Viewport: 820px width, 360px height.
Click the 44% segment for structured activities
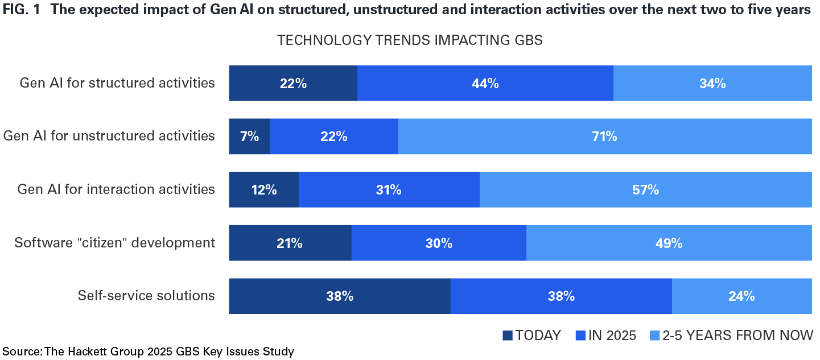coord(485,83)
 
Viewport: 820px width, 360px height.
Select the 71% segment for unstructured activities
coord(604,136)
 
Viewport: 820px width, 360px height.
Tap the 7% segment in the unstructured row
coord(249,136)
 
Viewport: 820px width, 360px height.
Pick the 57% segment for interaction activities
coord(645,189)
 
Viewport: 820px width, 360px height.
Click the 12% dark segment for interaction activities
coord(263,189)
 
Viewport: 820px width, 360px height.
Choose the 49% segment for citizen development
coord(669,243)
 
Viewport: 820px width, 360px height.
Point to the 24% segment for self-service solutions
coord(741,296)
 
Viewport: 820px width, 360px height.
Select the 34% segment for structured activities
coord(712,83)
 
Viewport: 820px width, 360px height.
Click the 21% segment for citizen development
coord(290,243)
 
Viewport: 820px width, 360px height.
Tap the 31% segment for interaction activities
coord(389,189)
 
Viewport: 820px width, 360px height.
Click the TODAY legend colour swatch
coord(508,336)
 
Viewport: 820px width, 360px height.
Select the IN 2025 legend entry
coord(606,336)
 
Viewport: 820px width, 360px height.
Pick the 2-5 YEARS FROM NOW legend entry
coord(731,336)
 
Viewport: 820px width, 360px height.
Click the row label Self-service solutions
coord(146,296)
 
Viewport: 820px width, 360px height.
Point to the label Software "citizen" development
coord(115,243)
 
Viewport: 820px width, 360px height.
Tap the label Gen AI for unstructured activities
coord(109,136)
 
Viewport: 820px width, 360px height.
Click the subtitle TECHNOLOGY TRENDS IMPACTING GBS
coord(410,40)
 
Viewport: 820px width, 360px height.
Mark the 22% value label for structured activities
coord(293,83)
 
